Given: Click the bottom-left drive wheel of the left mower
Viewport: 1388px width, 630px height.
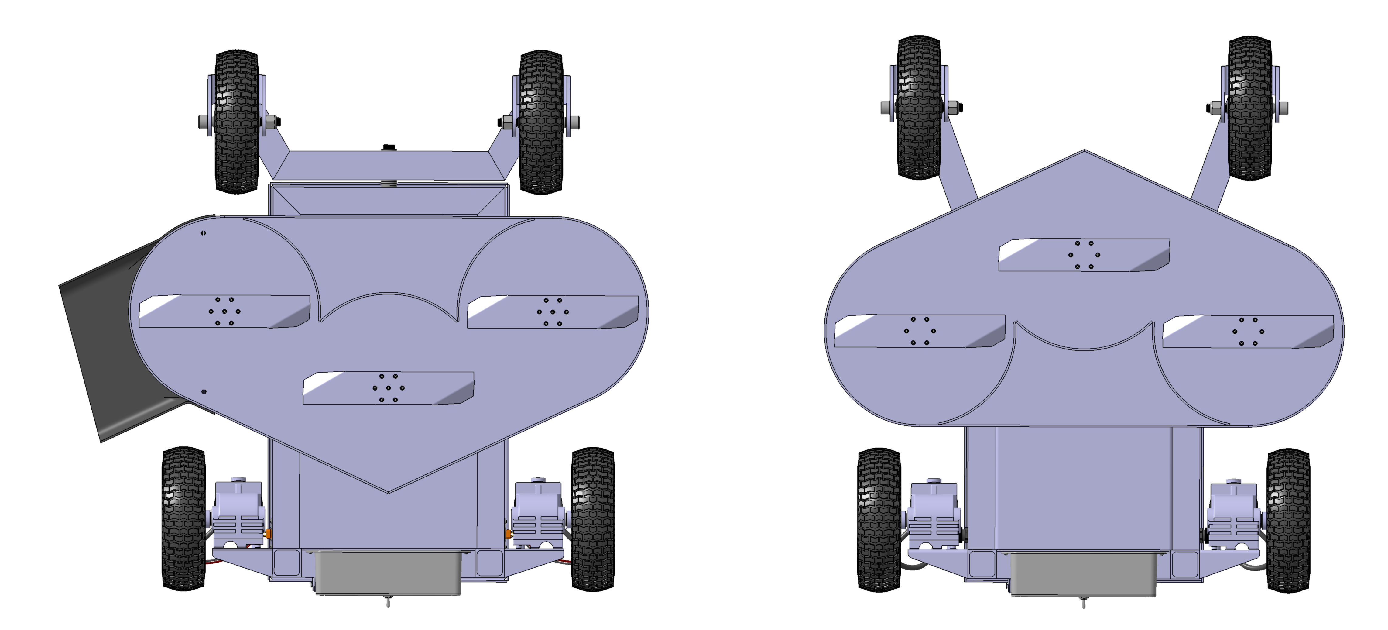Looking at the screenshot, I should click(184, 518).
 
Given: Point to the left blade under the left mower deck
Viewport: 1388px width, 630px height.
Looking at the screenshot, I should click(224, 312).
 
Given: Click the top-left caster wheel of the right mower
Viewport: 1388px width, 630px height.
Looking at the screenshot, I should click(919, 108).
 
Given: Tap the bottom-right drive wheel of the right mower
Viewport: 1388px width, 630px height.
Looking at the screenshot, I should click(1288, 520).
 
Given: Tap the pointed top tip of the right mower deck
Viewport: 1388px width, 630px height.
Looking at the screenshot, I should click(1084, 151).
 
